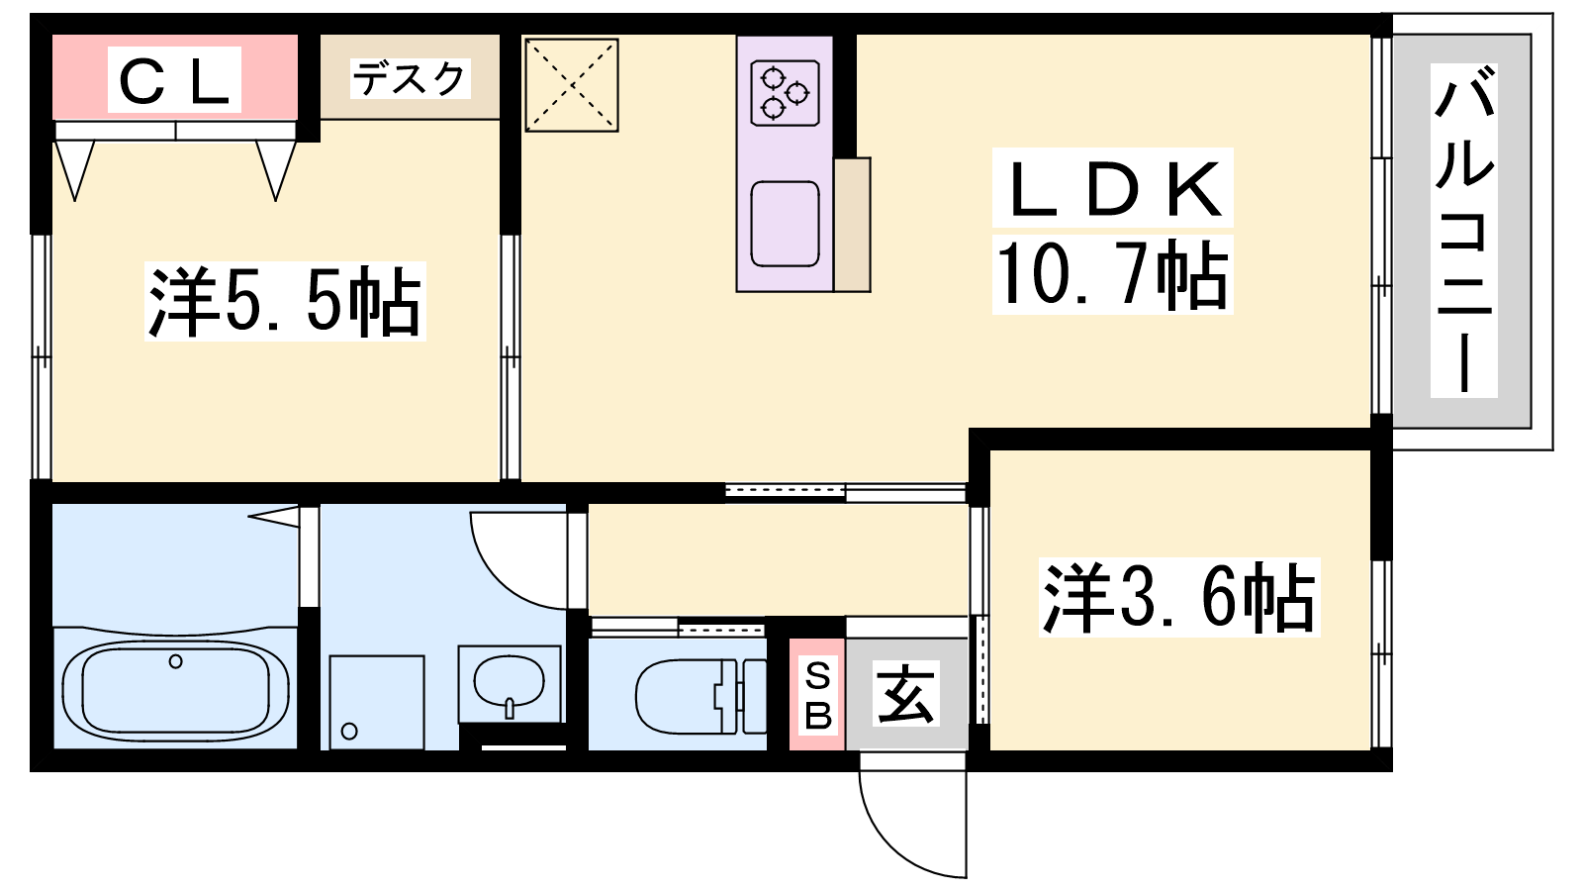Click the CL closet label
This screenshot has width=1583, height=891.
174,79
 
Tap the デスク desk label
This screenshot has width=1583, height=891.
410,78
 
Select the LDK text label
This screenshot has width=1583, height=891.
1112,187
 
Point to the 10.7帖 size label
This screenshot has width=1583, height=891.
1112,274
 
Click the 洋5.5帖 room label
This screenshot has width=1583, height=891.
285,301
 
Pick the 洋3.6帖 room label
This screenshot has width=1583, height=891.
1178,597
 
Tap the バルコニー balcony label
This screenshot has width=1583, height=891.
1463,230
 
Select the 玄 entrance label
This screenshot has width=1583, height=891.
906,693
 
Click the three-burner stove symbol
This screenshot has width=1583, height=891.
785,93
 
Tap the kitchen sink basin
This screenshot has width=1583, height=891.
785,224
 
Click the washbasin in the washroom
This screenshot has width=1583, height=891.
509,683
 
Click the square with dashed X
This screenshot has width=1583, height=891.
572,85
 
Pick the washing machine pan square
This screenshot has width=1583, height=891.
377,702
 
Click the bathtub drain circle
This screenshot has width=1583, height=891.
176,661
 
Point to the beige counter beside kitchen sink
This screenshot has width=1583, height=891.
852,224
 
